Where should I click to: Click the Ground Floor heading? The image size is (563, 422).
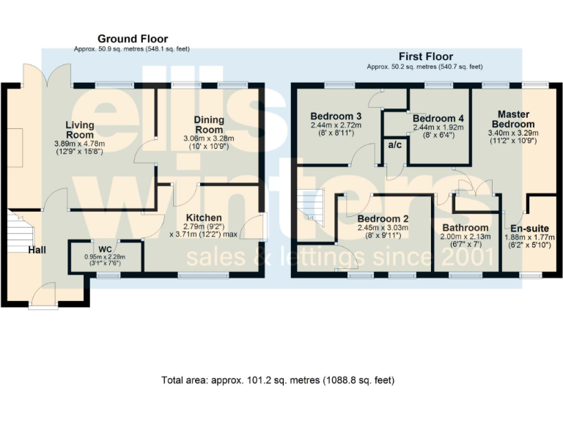coord(133,39)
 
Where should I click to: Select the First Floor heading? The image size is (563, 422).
coord(426,56)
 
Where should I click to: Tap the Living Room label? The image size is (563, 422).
coord(80,130)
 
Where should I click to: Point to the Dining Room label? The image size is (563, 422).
coord(209,125)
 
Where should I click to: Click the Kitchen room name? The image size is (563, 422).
coord(204,218)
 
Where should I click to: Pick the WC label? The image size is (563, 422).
coord(105,249)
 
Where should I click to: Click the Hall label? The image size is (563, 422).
coord(37,250)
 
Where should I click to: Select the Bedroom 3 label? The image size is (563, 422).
coord(336,116)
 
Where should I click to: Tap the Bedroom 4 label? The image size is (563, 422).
coord(438,119)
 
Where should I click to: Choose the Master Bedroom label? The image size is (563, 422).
coord(513,119)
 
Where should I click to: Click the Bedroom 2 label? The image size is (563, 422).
coord(383,218)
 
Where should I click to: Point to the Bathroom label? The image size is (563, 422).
coord(466,228)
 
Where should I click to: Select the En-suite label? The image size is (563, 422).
coord(529,229)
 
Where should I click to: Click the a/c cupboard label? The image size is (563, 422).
coord(395,145)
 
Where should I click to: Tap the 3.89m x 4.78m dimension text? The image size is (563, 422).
coord(80,144)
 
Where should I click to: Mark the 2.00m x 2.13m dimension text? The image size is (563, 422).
coord(466,237)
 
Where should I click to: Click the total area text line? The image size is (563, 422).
coord(278,380)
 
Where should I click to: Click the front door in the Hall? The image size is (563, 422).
coord(43,296)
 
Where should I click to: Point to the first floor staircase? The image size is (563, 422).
coord(311,207)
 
